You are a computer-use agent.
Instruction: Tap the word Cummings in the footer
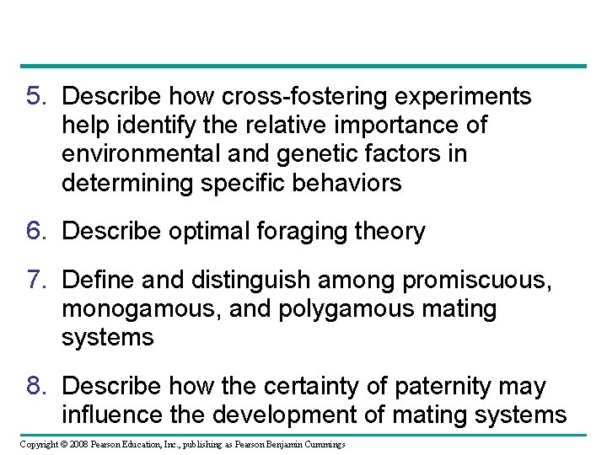[321, 444]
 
